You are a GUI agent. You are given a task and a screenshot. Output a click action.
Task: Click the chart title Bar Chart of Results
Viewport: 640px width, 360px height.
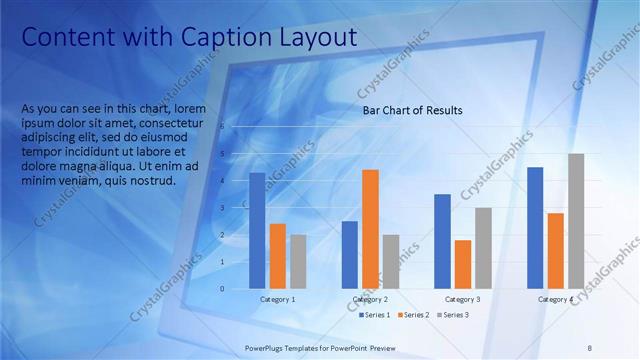[412, 111]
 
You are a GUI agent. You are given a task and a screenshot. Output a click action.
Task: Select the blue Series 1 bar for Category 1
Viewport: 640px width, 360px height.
[257, 230]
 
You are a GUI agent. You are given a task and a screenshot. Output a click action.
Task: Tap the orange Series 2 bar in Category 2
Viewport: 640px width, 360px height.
[370, 229]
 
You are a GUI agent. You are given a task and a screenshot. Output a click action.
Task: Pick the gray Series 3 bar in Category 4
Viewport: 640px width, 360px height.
[576, 221]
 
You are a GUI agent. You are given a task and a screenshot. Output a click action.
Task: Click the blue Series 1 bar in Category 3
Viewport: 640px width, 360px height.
[442, 241]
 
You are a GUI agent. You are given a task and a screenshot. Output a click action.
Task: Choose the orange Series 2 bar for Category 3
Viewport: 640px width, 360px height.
[462, 264]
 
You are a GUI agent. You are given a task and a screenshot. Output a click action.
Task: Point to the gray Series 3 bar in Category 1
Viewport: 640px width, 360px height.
[298, 261]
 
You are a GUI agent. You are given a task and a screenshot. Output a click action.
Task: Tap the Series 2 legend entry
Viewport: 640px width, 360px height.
[414, 315]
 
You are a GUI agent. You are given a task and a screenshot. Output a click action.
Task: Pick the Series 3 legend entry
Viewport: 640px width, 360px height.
[451, 315]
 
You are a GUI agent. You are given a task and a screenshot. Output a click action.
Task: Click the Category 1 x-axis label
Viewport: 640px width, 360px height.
[277, 299]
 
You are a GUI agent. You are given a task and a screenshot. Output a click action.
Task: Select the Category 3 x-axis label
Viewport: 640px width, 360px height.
[462, 299]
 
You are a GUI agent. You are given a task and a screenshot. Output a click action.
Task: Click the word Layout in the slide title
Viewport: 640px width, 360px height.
[316, 38]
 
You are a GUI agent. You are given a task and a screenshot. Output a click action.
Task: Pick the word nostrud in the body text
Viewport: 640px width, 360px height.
[153, 181]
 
